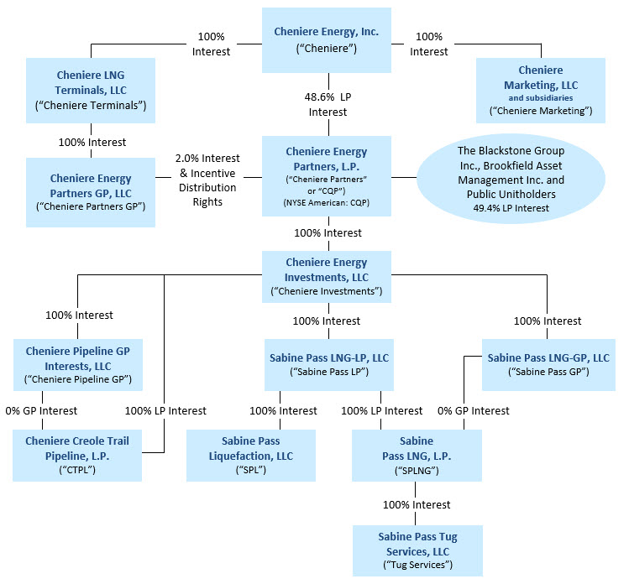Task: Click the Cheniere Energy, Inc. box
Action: (327, 40)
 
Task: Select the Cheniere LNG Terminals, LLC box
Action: (91, 90)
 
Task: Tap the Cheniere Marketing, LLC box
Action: (541, 90)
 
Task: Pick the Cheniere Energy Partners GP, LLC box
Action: (91, 192)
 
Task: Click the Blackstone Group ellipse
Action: (511, 179)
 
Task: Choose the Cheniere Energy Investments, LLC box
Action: (327, 277)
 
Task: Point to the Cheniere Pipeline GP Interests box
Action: (78, 365)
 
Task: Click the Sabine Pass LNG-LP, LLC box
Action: (329, 365)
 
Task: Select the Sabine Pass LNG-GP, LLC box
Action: (548, 365)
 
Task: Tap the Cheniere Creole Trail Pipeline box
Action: (77, 456)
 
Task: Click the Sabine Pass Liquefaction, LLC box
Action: (251, 456)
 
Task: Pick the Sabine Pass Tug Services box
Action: (417, 550)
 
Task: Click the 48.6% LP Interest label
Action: (328, 104)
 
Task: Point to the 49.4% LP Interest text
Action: (511, 208)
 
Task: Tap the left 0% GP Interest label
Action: (41, 411)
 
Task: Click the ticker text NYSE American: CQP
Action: (327, 202)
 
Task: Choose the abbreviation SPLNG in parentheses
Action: (417, 470)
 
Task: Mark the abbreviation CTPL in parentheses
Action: (77, 469)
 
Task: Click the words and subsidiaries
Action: (541, 98)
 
